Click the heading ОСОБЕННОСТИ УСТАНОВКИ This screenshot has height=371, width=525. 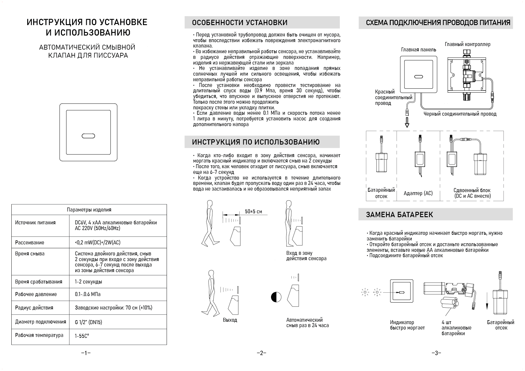point(239,23)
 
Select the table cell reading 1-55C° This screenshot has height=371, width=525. point(82,336)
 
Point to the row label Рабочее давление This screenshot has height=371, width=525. point(36,294)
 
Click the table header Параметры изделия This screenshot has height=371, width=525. point(89,210)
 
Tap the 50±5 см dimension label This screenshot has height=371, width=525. point(253,211)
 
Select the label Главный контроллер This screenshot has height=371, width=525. point(467,44)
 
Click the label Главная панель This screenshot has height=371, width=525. point(418,50)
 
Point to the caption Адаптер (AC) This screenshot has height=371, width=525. point(418,193)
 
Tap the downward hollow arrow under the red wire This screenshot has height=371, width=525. point(407,122)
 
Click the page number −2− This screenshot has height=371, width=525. point(261,353)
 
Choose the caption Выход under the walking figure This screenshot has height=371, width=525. point(230,320)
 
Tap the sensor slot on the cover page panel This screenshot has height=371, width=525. point(88,136)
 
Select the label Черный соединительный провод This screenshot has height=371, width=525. point(460,114)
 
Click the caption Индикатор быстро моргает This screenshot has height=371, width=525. point(407,325)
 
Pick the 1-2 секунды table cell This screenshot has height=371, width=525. point(88,282)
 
